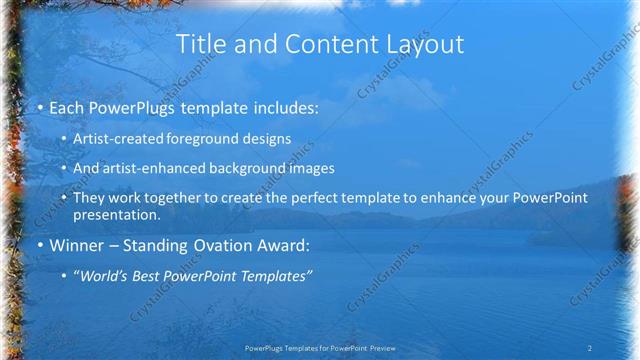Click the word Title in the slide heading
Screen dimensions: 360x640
198,44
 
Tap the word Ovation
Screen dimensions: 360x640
224,245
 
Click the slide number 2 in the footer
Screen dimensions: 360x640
590,347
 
